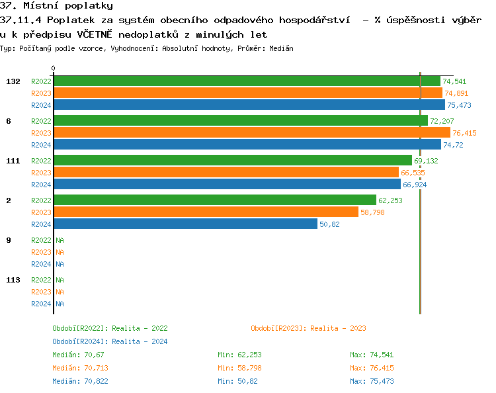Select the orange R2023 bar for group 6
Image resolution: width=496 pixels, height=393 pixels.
[251, 133]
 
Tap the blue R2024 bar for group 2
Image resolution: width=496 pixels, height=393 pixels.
[185, 224]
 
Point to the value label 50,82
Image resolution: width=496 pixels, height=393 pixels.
[329, 224]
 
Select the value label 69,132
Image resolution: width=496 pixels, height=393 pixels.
[426, 161]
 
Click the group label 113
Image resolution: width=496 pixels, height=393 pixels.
[13, 280]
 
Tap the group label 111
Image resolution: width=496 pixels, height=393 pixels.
[13, 161]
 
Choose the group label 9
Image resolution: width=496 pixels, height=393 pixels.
[9, 240]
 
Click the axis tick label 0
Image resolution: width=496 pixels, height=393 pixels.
[54, 68]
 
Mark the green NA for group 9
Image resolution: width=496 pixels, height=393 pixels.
[60, 240]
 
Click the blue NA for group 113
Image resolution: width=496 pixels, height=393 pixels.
[60, 304]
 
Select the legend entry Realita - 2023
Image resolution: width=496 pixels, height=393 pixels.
[308, 328]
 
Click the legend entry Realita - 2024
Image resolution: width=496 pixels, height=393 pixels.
[110, 341]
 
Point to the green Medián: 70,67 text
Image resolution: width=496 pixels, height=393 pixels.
[79, 355]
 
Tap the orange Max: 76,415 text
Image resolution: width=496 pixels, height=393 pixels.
[372, 368]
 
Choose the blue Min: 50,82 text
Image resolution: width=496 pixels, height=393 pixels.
[237, 381]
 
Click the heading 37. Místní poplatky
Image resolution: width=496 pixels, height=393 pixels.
[56, 6]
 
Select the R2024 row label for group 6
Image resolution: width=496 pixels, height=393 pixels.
[41, 145]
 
